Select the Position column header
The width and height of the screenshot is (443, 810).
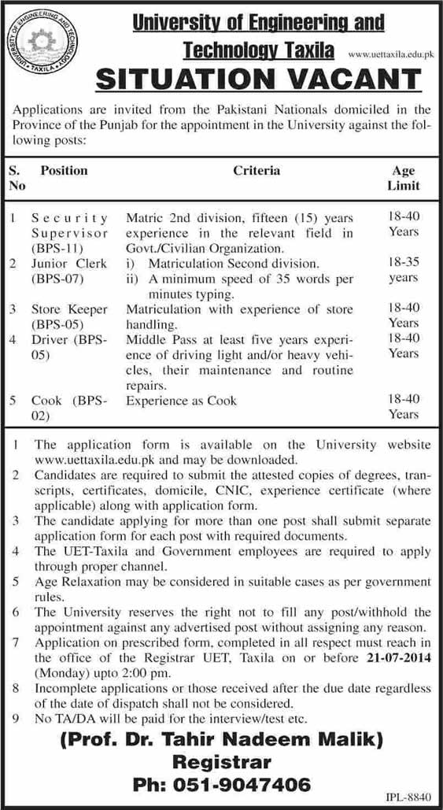pos(64,170)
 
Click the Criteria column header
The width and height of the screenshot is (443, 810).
pos(256,170)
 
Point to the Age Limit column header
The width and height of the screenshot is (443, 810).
pos(404,178)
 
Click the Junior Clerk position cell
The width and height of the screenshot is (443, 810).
pos(69,270)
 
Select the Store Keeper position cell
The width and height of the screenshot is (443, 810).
pos(69,316)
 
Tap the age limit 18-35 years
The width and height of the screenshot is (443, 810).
pos(404,270)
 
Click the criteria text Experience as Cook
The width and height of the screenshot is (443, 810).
pos(175,401)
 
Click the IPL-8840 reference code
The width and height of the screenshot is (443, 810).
pos(409,797)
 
